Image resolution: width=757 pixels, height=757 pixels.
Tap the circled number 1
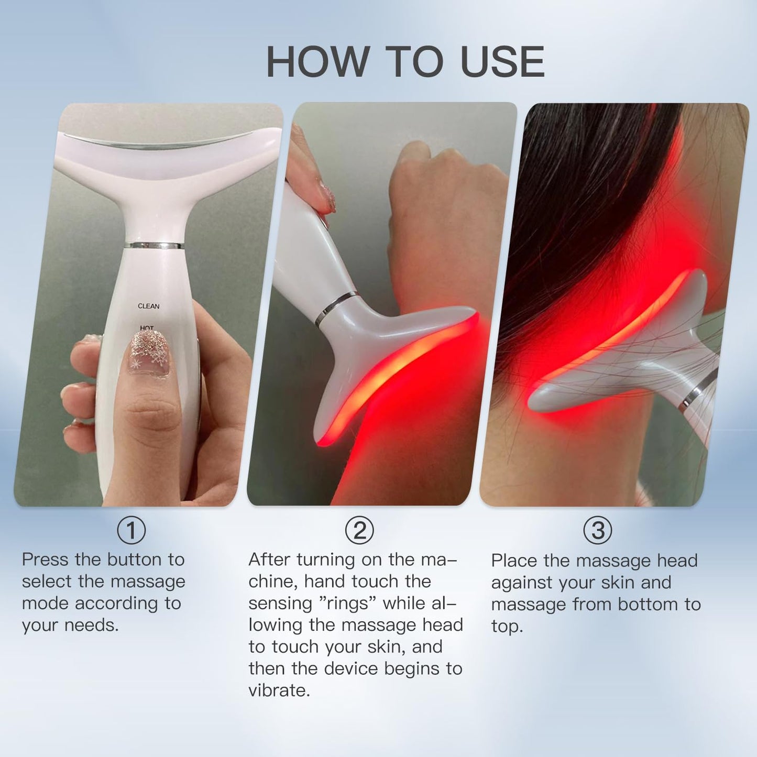131,530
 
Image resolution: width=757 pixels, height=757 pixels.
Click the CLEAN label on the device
149,306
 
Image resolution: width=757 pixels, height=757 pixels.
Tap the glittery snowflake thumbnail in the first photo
149,352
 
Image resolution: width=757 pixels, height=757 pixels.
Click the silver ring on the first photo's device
155,245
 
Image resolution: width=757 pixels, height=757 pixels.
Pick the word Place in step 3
514,561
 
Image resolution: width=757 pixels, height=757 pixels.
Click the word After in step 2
270,559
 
